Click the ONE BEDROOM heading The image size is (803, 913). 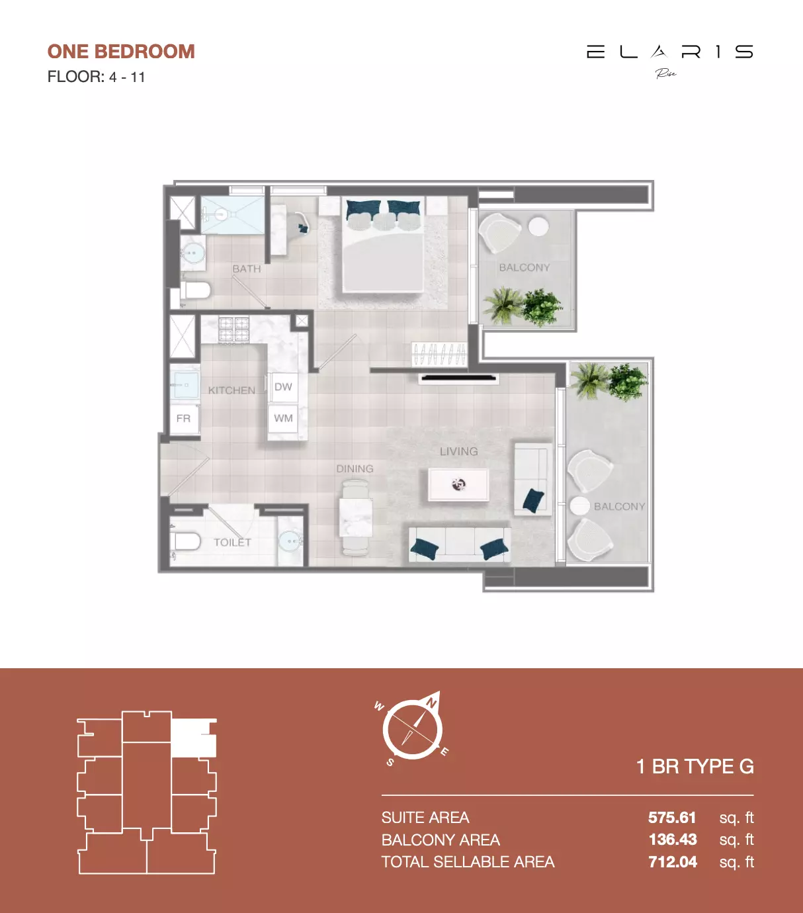click(121, 52)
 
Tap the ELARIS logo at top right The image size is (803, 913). click(669, 53)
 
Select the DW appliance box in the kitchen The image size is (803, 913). click(283, 387)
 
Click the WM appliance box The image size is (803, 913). click(283, 418)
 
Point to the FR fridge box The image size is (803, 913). click(184, 419)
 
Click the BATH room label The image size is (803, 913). click(246, 269)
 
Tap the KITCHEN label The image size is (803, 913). click(232, 390)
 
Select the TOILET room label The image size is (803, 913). click(232, 543)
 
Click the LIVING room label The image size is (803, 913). click(458, 451)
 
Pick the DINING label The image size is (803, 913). click(355, 468)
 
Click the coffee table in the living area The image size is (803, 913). click(458, 484)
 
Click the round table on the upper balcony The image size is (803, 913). click(538, 226)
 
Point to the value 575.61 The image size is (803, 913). click(672, 818)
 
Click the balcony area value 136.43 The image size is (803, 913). click(673, 840)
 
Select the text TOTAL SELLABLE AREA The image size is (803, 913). click(468, 862)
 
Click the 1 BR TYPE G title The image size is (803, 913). click(695, 766)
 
